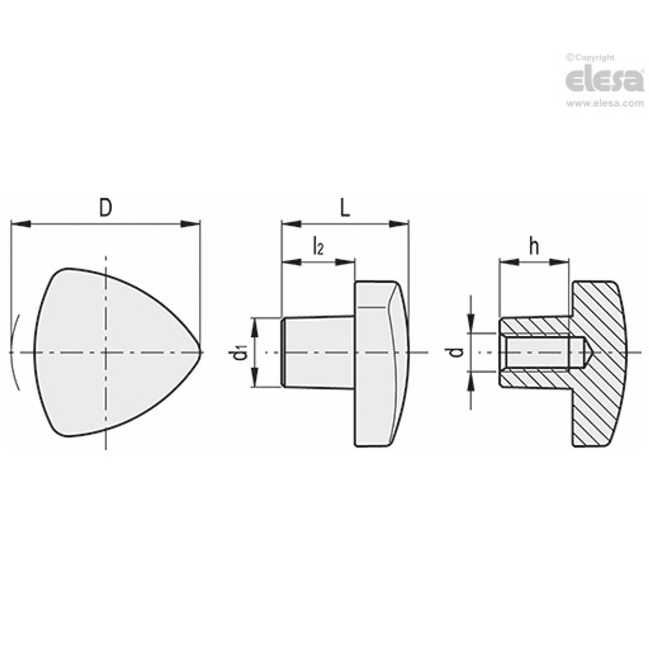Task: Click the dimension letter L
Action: click(345, 208)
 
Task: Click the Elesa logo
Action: click(604, 80)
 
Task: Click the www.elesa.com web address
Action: click(605, 104)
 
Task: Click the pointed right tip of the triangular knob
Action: click(200, 352)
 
